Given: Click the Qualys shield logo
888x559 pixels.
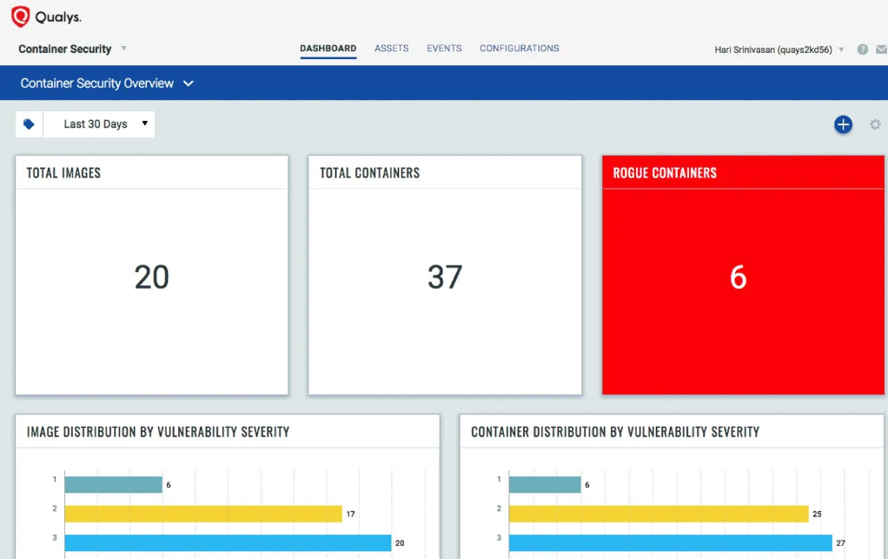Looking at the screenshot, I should pos(20,17).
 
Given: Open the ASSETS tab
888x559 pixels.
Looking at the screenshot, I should pos(391,49).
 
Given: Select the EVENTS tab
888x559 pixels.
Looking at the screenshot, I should pos(444,49).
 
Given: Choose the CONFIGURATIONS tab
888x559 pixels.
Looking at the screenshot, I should pos(519,49).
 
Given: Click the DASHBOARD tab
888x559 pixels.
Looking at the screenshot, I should pos(328,49).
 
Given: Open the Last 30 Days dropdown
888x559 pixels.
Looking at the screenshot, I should pos(99,124).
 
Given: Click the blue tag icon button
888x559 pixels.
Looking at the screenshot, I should pos(29,124).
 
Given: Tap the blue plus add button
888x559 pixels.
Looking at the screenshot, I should pos(843,124).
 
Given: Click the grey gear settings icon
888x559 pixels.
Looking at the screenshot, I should pos(875,124).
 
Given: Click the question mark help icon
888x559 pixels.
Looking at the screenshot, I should pos(863,50).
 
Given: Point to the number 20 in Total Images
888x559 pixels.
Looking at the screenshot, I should pos(151,277).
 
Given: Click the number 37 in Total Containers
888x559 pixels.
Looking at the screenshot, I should pos(445,277).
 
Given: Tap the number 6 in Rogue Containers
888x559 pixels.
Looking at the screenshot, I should pos(738,277).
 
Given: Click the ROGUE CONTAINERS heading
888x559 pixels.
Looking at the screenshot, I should pos(665,173).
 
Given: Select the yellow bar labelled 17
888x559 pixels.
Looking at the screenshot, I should pos(202,514).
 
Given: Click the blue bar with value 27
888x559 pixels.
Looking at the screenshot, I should pos(670,542).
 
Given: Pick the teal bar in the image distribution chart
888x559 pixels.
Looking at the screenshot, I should pos(113,484).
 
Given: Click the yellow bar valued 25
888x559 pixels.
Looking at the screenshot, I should pos(658,514).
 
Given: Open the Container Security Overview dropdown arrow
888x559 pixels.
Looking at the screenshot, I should pos(189,83).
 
